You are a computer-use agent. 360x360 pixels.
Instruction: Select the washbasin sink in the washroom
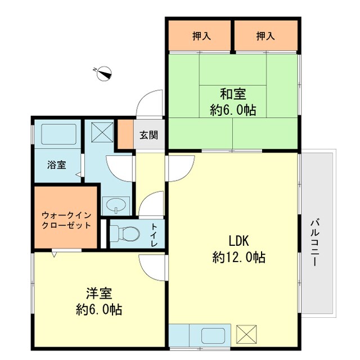coord(116,205)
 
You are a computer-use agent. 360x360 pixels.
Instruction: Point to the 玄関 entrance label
coord(148,135)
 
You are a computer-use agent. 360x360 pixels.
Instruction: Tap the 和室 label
coord(233,94)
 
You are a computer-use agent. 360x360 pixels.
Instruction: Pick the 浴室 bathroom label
coord(56,165)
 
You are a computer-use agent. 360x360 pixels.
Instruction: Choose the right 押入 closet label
coord(265,37)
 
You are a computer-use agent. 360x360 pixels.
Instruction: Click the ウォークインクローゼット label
coord(66,220)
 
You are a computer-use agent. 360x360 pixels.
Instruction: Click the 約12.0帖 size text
coord(238,258)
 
